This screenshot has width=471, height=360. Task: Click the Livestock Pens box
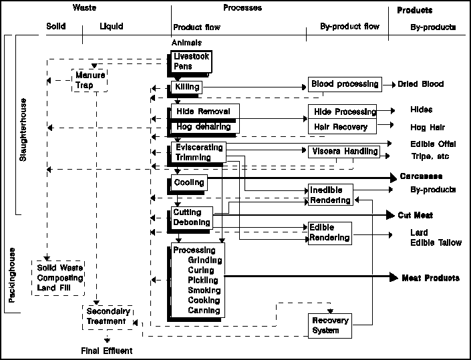192,61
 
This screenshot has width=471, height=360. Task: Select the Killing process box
185,87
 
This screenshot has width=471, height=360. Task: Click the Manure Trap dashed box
90,79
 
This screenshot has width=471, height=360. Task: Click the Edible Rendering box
329,232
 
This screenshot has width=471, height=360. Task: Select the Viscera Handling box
343,152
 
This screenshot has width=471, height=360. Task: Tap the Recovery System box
330,325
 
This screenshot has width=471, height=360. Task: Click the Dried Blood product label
421,85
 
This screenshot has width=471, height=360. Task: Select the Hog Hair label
427,127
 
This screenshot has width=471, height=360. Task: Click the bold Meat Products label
430,277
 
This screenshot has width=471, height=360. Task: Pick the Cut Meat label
416,215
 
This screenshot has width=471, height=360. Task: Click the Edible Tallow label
436,242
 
